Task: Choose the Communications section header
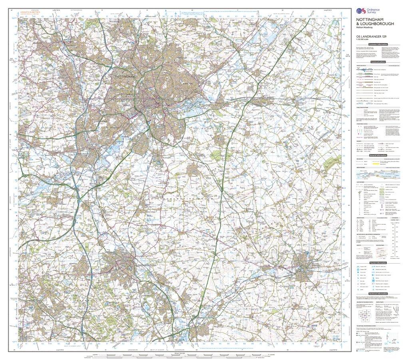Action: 378,62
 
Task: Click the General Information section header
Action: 378,155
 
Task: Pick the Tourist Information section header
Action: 378,262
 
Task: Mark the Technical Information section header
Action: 378,294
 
